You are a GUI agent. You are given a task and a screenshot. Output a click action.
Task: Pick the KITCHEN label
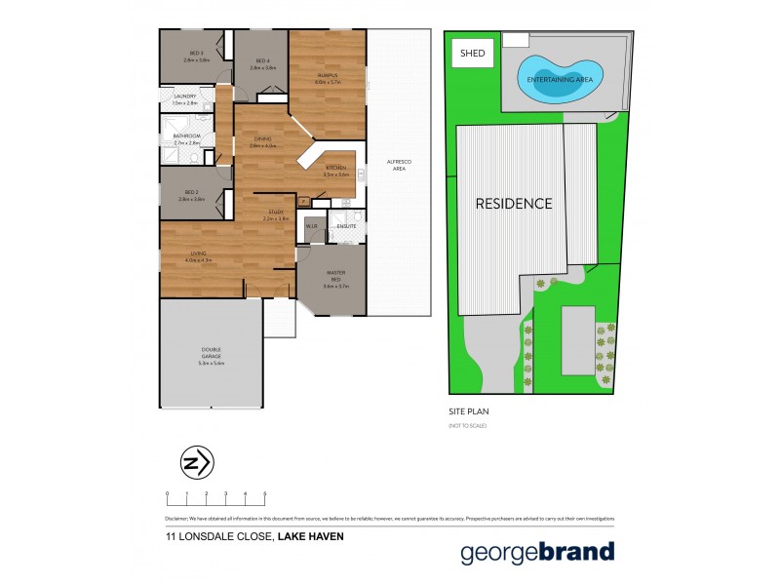click(336, 169)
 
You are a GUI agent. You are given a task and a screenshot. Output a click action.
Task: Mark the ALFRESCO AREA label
click(398, 167)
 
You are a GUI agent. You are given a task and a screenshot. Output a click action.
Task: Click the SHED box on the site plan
click(470, 55)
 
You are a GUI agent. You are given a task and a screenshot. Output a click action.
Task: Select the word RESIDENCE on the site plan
click(514, 204)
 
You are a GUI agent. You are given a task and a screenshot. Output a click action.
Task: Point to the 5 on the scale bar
click(265, 494)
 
